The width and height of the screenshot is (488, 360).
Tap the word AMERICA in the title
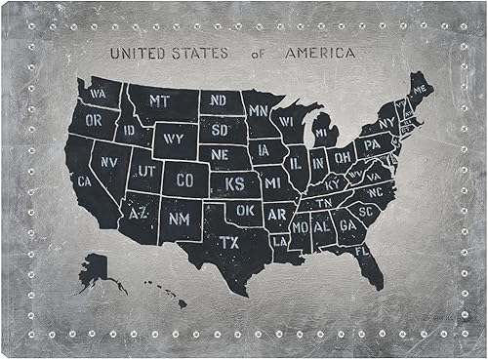pos(320,53)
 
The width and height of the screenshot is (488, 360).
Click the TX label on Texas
pos(228,241)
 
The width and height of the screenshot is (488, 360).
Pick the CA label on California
pos(84,180)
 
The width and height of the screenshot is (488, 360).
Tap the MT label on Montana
pos(160,100)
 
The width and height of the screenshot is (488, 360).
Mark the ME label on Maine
pos(420,90)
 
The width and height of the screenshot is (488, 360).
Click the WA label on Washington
pos(99,95)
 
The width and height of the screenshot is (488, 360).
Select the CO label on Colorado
pos(185,180)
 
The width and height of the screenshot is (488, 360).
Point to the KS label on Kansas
pos(234,183)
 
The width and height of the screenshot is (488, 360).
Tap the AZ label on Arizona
pos(138,212)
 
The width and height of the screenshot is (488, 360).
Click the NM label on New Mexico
pos(180,220)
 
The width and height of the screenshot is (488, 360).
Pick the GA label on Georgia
pos(346,224)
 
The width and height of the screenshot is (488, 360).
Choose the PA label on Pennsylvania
pos(371,145)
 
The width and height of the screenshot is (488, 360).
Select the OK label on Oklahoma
pos(245,209)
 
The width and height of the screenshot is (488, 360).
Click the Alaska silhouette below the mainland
pos(98,270)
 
